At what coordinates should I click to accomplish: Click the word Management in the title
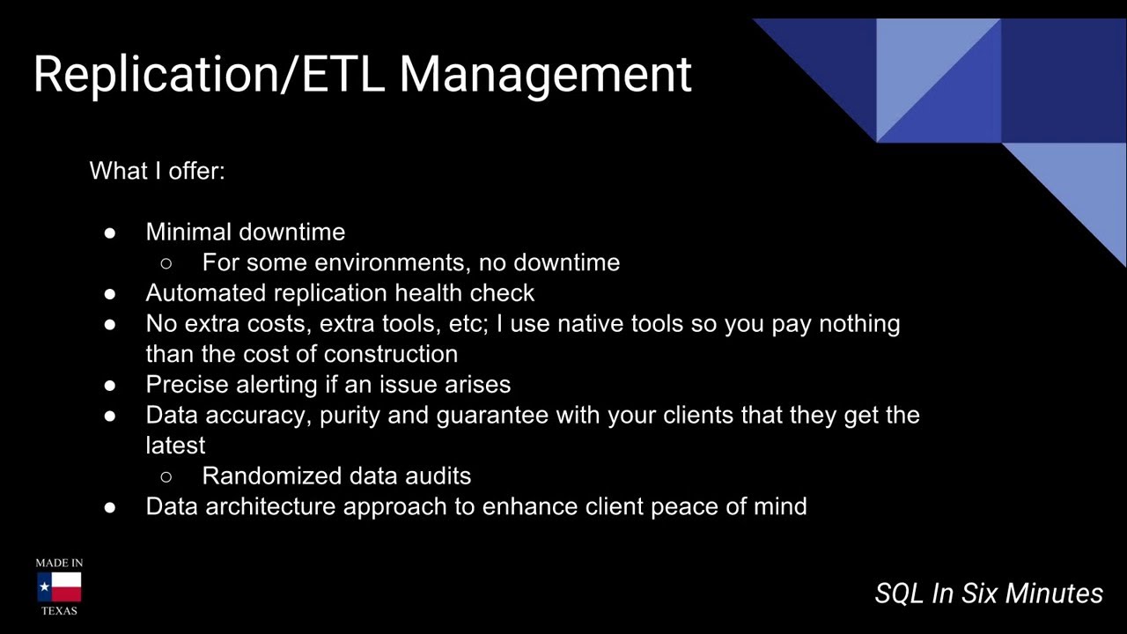[x=545, y=74]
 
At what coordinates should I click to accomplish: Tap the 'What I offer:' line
[x=157, y=171]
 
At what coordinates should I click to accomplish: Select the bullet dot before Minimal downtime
[x=110, y=232]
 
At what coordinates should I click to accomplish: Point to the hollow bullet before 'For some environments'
[x=166, y=263]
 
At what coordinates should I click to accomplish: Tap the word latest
[x=175, y=446]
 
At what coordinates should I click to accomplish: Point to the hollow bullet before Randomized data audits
[x=166, y=476]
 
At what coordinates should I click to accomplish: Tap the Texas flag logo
[x=59, y=586]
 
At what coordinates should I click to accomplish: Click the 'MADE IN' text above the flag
[x=59, y=563]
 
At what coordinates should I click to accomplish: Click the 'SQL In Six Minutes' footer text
[x=988, y=593]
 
